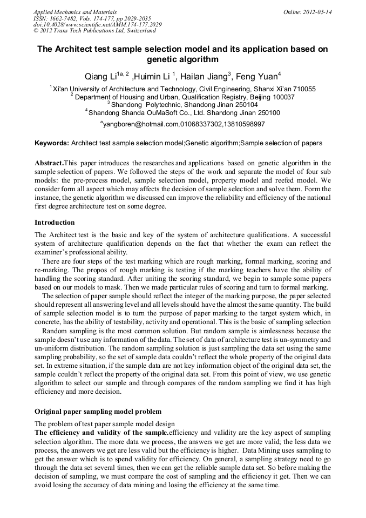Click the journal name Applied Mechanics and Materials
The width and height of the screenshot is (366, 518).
pyautogui.click(x=74, y=12)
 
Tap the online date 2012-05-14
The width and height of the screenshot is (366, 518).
pyautogui.click(x=318, y=12)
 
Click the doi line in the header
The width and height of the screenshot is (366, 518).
pyautogui.click(x=97, y=25)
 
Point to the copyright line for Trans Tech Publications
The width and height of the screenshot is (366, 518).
pyautogui.click(x=94, y=31)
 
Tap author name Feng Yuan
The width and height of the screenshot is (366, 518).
pyautogui.click(x=258, y=76)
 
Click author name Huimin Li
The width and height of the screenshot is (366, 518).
pyautogui.click(x=152, y=76)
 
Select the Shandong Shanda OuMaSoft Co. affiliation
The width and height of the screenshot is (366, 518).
pyautogui.click(x=184, y=113)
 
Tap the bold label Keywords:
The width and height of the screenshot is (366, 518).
pyautogui.click(x=52, y=143)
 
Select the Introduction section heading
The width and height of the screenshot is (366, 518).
pyautogui.click(x=55, y=223)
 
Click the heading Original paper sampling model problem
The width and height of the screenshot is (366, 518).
pyautogui.click(x=98, y=412)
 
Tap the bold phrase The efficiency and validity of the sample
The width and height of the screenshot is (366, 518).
pyautogui.click(x=101, y=433)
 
